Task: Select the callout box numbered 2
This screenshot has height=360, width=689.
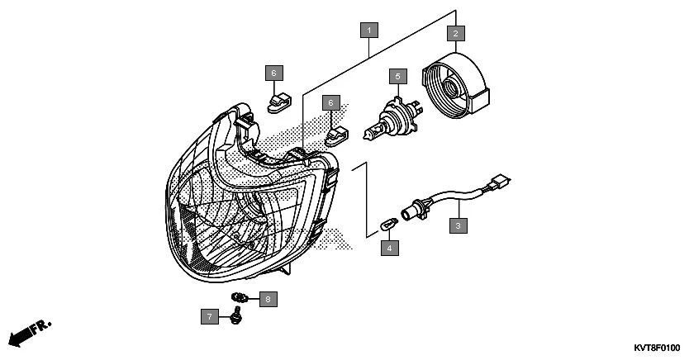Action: (454, 34)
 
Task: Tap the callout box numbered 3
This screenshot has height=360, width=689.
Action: (457, 225)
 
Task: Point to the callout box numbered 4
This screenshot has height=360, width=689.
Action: (389, 245)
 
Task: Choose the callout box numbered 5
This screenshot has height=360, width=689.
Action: (398, 77)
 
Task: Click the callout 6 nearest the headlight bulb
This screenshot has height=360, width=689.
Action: (330, 102)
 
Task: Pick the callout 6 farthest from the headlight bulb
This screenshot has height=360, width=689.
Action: (273, 73)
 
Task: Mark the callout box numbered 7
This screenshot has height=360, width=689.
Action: (211, 316)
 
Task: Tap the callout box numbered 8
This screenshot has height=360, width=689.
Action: (267, 299)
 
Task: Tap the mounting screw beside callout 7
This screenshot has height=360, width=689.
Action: (237, 314)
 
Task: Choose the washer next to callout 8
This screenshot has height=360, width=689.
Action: (240, 297)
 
